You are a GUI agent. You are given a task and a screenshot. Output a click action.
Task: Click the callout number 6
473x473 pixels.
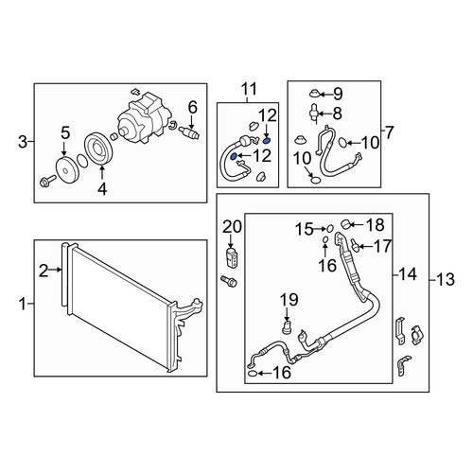click(x=192, y=108)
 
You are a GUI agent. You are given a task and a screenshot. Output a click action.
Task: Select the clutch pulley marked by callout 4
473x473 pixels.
click(x=98, y=149)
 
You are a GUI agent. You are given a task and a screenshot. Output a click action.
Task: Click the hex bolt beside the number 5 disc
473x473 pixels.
click(x=47, y=181)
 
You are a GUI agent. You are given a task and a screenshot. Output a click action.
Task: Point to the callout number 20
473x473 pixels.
click(x=232, y=227)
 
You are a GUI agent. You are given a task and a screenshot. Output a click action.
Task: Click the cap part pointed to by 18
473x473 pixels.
click(x=345, y=224)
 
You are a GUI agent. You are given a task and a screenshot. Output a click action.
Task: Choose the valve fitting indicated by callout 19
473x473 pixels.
click(x=287, y=327)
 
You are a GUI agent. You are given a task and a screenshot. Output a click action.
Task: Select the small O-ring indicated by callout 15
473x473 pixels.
click(x=330, y=229)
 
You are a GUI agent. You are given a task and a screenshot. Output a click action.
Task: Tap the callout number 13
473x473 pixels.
click(x=446, y=279)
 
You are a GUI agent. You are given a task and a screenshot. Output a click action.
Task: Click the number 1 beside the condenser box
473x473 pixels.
click(x=23, y=304)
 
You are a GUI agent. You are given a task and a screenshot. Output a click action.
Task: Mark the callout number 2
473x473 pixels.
click(x=44, y=271)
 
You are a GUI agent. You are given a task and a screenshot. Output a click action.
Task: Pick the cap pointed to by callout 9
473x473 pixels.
click(x=315, y=94)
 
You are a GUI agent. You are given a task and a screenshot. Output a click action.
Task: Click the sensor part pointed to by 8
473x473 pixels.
click(x=314, y=113)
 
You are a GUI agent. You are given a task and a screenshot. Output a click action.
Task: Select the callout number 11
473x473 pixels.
click(x=249, y=89)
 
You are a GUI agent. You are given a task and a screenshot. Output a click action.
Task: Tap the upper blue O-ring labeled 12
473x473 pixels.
click(x=267, y=140)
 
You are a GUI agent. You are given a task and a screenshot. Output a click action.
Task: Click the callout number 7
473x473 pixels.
click(x=390, y=132)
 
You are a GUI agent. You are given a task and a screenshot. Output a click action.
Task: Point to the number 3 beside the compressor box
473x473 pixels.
click(x=23, y=142)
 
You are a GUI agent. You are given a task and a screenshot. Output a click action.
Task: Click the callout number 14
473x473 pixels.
click(x=408, y=274)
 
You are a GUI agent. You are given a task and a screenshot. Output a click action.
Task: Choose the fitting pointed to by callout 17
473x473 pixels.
click(x=355, y=245)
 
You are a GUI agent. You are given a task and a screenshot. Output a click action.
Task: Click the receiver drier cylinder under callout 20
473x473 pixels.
click(x=231, y=257)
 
